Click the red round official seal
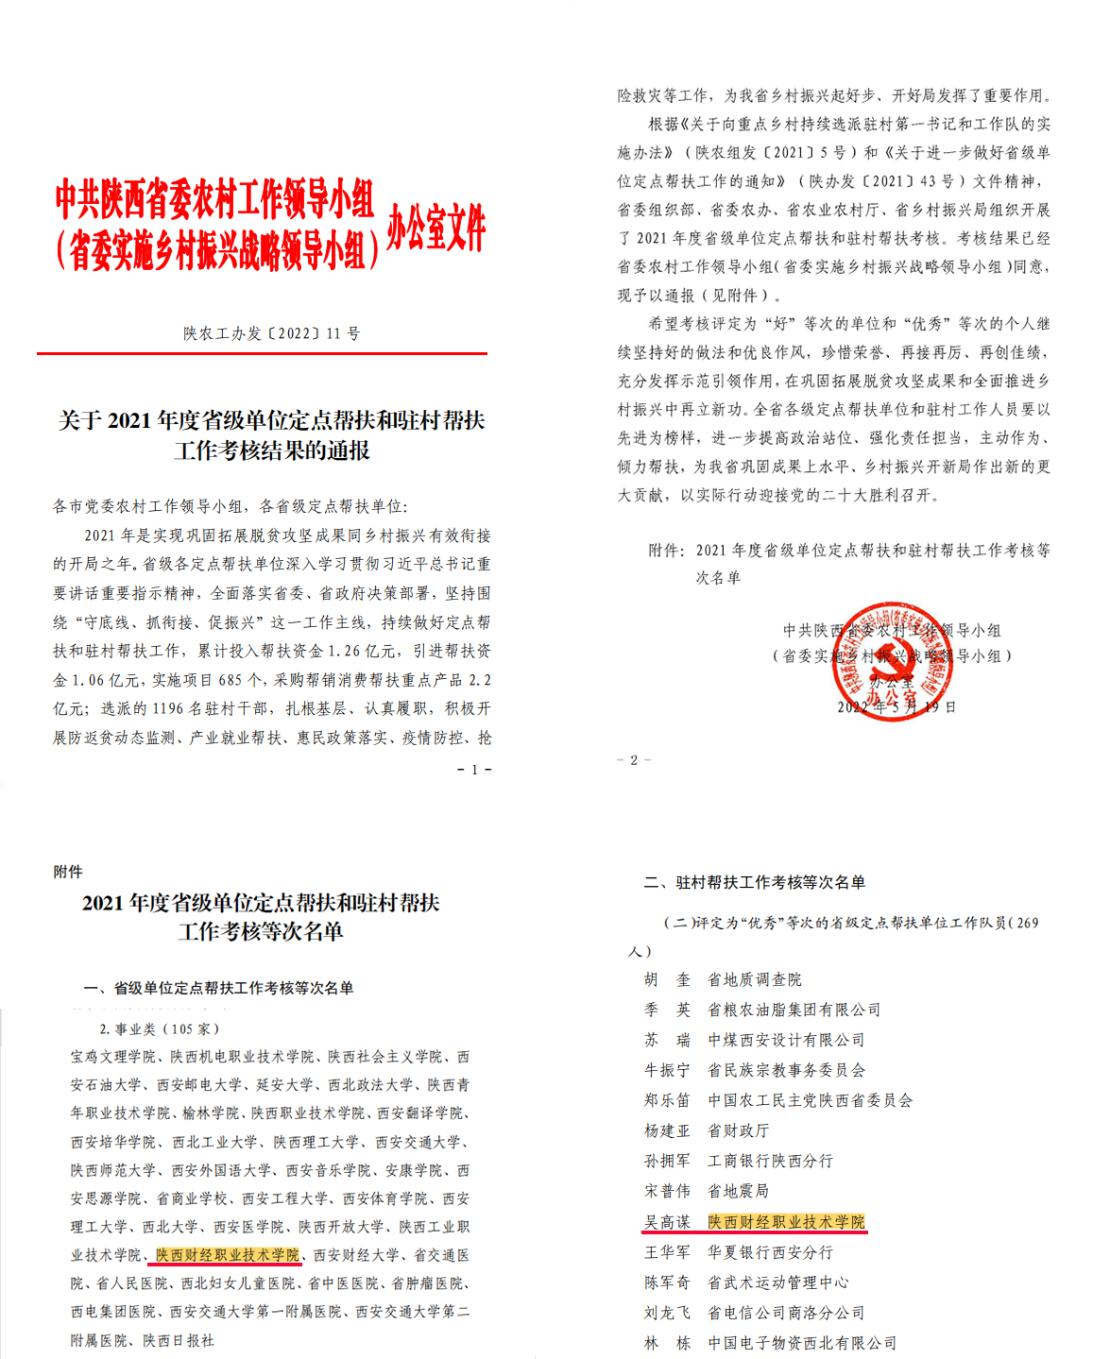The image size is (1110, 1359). pos(894,661)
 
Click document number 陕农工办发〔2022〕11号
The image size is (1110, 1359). pos(271,333)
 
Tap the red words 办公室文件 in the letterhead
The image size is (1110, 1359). pos(436,228)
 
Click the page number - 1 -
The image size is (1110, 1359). pos(474,770)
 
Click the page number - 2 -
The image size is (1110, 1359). pos(634,760)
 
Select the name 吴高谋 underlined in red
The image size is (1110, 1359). pos(667,1222)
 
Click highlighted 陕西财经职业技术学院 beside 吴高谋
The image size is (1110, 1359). pos(786,1222)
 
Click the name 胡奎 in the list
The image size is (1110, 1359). pos(667,979)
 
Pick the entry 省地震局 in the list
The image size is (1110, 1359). pos(738,1191)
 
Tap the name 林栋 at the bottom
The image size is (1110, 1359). pos(667,1343)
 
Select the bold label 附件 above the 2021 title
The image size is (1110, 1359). pos(68,872)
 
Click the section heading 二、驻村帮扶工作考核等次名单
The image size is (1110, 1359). pos(755,882)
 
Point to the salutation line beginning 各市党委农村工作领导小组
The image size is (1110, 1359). pos(231,506)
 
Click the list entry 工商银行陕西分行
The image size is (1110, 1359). pos(770,1161)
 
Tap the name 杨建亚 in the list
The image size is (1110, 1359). pos(667,1130)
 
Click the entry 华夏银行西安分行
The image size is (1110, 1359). pos(770,1252)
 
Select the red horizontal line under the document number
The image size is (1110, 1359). pos(262,354)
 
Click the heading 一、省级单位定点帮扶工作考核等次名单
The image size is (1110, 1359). pos(219,988)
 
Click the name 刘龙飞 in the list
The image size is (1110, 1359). pos(667,1313)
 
